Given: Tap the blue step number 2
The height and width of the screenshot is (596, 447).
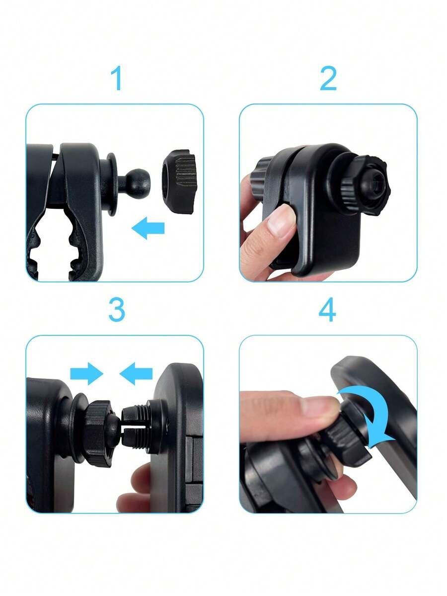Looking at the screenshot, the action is [328, 78].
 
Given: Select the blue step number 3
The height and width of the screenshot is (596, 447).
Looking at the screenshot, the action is [117, 310].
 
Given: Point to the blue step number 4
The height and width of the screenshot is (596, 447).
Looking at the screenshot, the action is [327, 310].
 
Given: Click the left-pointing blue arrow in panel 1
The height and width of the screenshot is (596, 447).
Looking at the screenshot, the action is [148, 228].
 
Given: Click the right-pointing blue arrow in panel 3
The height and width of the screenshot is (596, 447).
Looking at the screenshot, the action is [86, 373].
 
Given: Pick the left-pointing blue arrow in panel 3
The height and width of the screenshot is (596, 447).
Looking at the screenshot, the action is [136, 373].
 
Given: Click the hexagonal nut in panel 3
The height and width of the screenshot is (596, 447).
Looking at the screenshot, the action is [98, 433].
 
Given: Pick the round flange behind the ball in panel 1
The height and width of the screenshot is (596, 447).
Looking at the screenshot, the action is [111, 184].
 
